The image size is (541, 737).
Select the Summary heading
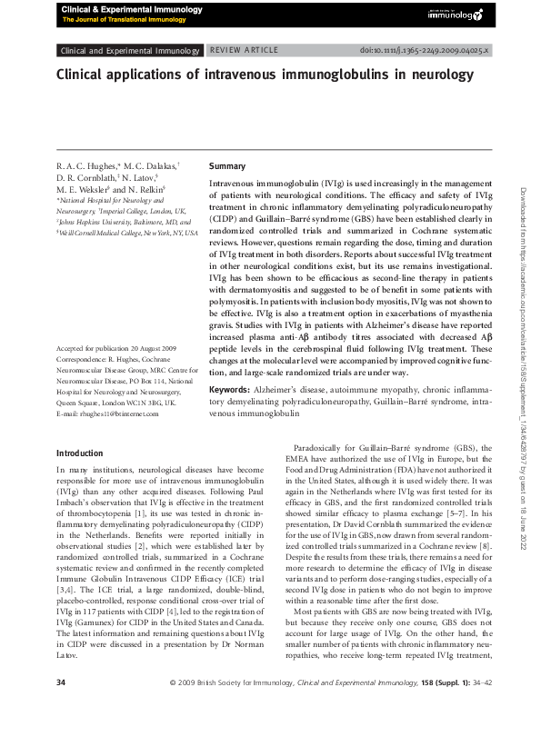[227, 167]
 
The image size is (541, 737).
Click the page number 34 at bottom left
[61, 709]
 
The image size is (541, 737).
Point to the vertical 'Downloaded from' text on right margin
[526, 364]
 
